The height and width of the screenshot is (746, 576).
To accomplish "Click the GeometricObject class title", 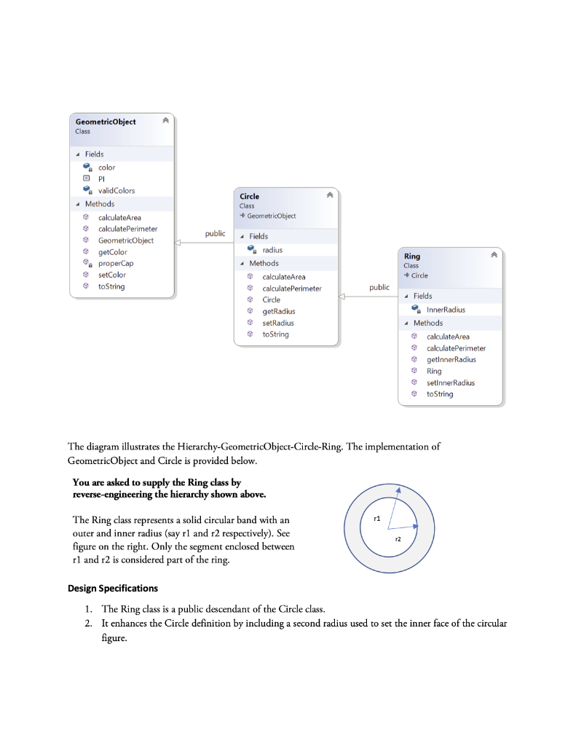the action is [x=106, y=122].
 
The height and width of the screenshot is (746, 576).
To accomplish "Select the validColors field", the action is [x=117, y=191].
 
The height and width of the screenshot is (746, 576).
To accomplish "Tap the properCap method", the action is [x=116, y=264].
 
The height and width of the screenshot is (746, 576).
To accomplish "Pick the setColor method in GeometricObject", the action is [x=112, y=275].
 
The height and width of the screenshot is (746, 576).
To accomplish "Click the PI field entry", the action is [x=102, y=179].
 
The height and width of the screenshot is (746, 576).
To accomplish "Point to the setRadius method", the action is [x=278, y=323].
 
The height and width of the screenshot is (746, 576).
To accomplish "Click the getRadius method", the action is [x=278, y=311].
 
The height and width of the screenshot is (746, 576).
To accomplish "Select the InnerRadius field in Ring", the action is [x=446, y=310].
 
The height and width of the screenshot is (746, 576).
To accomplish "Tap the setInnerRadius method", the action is [x=450, y=382].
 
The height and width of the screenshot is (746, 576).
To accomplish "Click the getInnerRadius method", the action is [x=451, y=359].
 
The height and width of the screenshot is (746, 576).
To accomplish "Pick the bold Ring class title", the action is [x=411, y=256].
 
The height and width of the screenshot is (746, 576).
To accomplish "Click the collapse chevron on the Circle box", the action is [x=330, y=196].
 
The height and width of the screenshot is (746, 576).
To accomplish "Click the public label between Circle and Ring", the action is [x=379, y=288].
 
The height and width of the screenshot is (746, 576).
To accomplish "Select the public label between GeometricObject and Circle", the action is [x=215, y=234].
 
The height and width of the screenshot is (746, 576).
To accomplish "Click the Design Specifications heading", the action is [x=113, y=588].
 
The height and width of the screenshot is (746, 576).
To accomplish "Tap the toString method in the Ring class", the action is [x=439, y=394].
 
